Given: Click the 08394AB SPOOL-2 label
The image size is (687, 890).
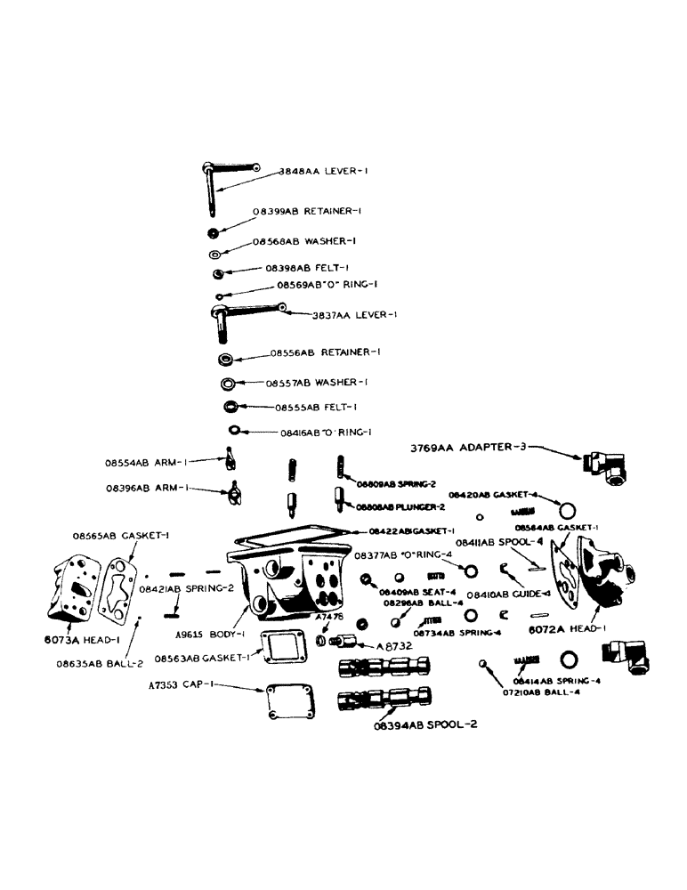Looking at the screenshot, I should click(x=426, y=724).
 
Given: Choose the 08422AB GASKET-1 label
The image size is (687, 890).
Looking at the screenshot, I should click(x=407, y=531).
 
